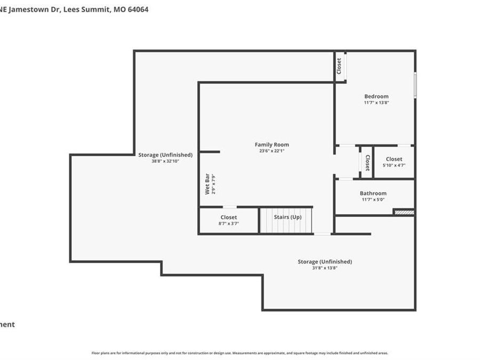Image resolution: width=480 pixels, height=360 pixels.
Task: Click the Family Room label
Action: [x=271, y=145]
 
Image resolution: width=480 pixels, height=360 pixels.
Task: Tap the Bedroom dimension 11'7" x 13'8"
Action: [x=376, y=102]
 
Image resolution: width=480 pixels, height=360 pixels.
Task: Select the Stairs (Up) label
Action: [x=287, y=217]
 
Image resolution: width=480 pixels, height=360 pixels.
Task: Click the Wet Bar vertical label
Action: [x=207, y=184]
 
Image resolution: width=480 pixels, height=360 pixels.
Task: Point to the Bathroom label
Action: [x=373, y=193]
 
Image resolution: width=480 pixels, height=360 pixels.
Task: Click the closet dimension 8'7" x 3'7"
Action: [x=228, y=223]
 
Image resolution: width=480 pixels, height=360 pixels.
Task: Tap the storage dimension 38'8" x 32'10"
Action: [x=165, y=161]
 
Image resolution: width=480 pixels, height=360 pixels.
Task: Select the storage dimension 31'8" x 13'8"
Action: [x=324, y=268]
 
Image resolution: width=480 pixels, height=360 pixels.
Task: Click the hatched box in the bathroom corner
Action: [x=404, y=212]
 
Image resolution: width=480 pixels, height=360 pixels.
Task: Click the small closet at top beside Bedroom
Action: [x=339, y=66]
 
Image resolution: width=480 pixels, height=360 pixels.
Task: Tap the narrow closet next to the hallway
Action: [x=367, y=162]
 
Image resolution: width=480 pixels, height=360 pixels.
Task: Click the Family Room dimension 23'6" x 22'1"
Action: [x=271, y=151]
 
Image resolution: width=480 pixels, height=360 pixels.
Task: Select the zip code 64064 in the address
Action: [x=138, y=9]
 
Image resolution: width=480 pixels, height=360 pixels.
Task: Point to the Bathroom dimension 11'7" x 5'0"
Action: [x=373, y=199]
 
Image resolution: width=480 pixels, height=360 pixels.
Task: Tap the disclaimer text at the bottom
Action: [x=239, y=353]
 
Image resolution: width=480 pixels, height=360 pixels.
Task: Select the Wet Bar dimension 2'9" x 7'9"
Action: [x=213, y=184]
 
